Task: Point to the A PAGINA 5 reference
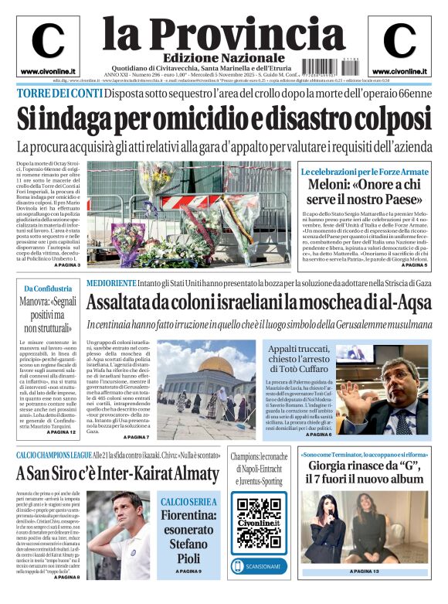409,265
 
